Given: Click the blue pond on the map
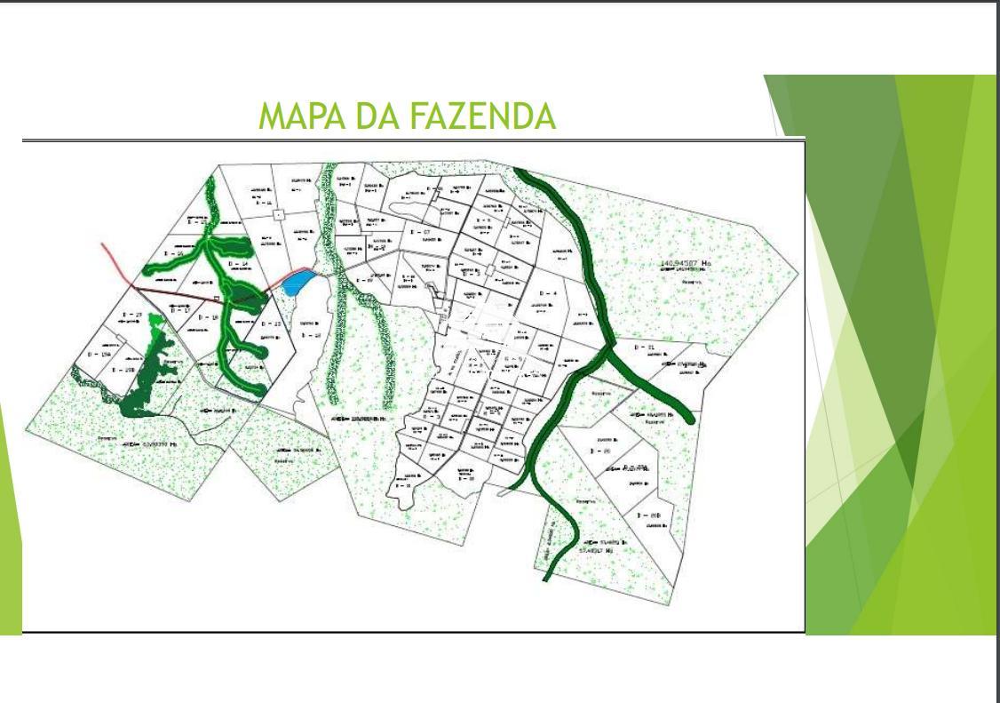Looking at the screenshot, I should [296, 282].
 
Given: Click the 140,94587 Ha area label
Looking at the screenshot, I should [686, 263].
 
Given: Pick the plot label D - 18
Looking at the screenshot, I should [209, 317].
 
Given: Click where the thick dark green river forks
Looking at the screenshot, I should [604, 354].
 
